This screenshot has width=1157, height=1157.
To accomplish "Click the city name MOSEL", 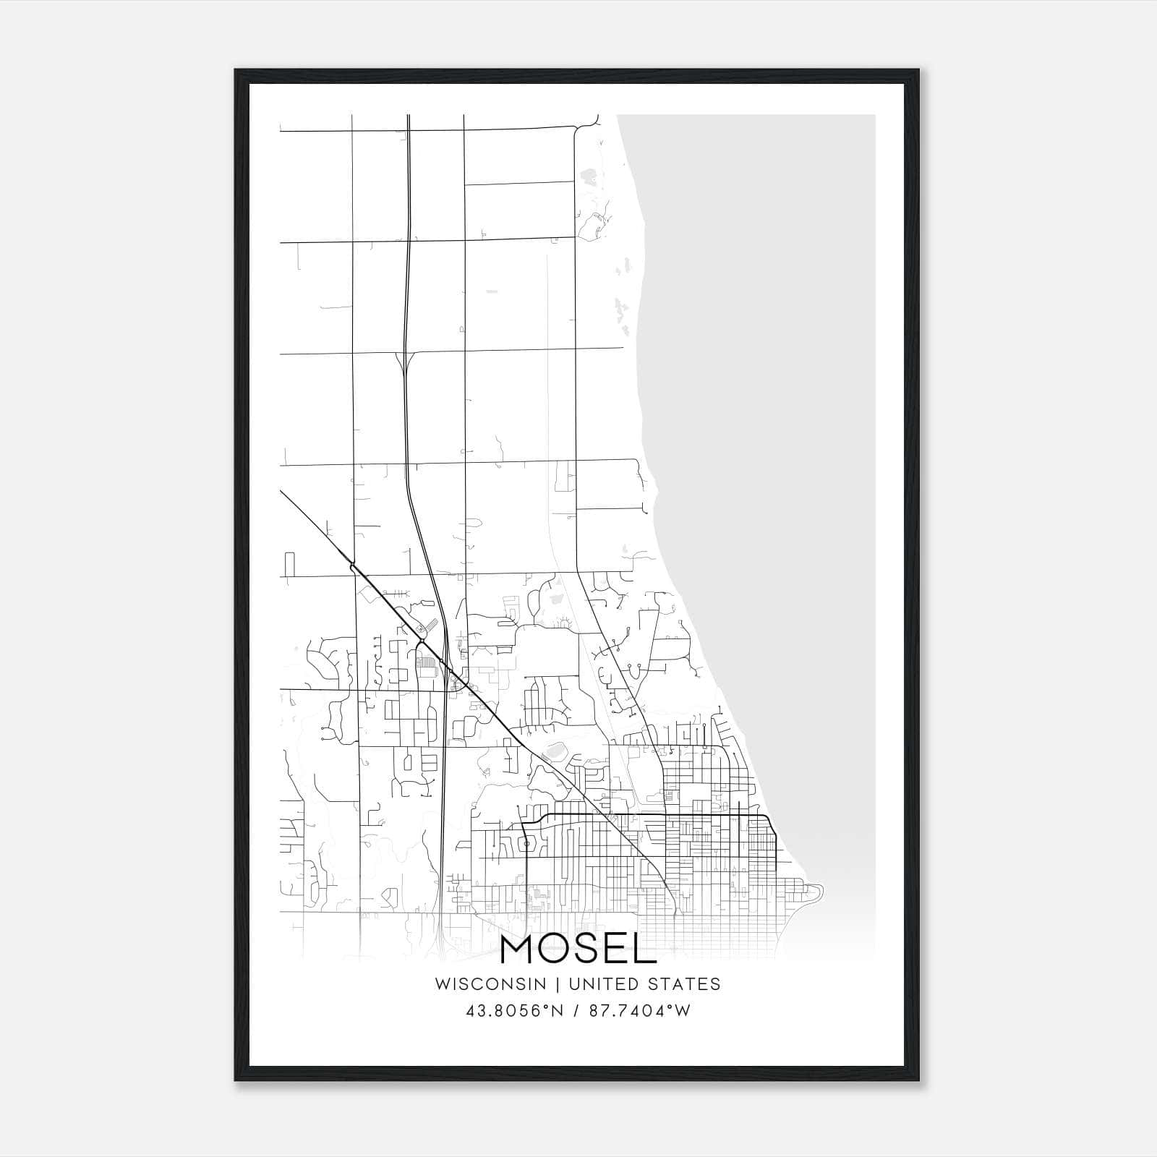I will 578,951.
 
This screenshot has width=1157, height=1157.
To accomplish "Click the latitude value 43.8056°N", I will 514,1011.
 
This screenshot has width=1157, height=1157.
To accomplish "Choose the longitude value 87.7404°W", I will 640,1011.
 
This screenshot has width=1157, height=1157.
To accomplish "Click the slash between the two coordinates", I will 577,1011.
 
